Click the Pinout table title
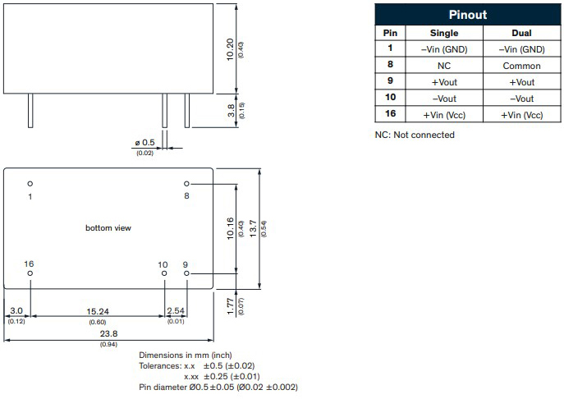point(468,15)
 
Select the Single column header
point(444,33)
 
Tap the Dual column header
point(521,33)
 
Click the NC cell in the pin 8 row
point(444,65)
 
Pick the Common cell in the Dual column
point(521,65)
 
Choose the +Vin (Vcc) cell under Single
point(444,114)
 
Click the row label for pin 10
point(391,98)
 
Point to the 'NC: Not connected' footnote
point(415,135)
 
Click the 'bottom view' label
point(108,227)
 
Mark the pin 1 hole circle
point(30,184)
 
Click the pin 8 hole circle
point(186,184)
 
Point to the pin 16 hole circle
point(30,273)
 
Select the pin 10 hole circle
point(164,273)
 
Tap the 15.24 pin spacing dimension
point(98,311)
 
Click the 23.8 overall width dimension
point(108,334)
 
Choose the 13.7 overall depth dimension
point(253,227)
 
